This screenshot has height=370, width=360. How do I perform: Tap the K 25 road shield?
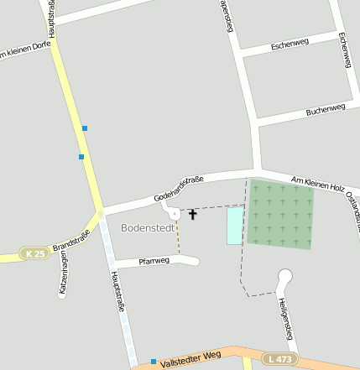(x=34, y=253)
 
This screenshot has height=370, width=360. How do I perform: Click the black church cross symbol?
(x=192, y=214)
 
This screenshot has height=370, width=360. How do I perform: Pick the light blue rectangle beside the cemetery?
(x=235, y=225)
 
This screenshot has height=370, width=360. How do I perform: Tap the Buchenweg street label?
(x=326, y=109)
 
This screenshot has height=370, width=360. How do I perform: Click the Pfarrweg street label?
(x=153, y=261)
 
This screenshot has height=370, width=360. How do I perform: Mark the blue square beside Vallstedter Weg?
(x=154, y=362)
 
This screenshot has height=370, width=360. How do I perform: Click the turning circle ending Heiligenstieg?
(x=284, y=274)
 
